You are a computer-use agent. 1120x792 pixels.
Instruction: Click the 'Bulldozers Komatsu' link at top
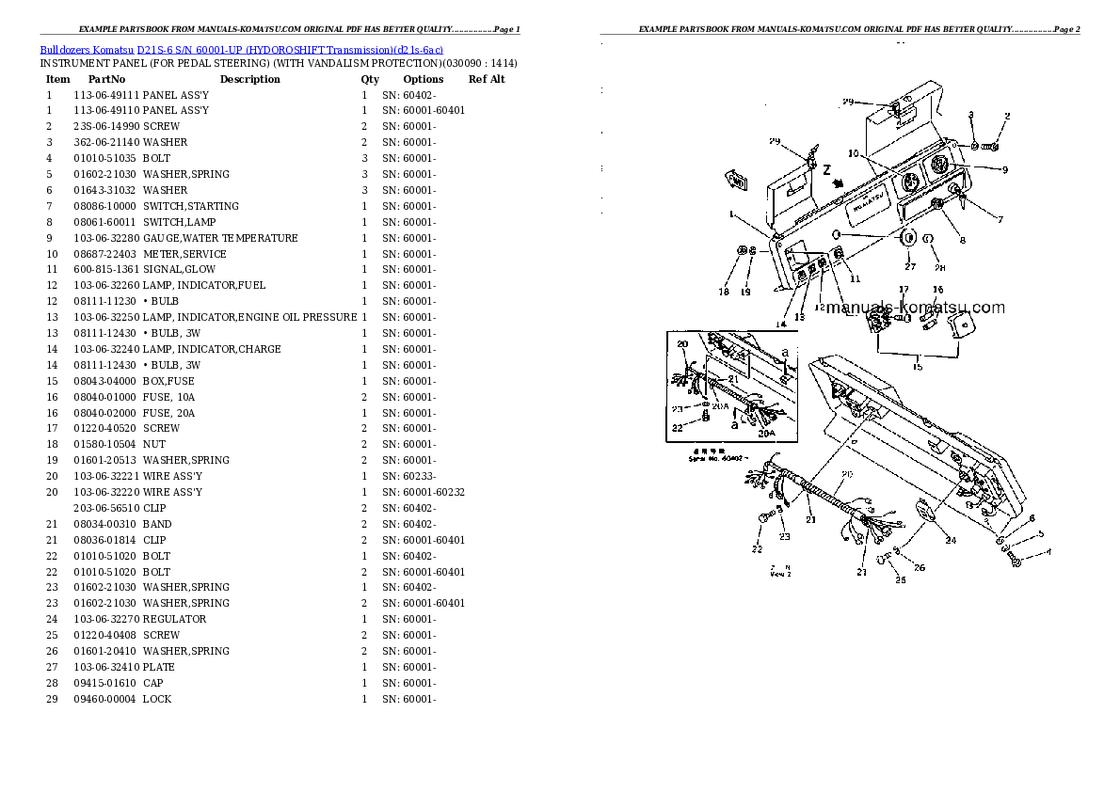pos(87,48)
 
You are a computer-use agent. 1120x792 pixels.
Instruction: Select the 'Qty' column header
pos(370,80)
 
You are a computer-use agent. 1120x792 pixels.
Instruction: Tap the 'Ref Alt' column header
pos(487,80)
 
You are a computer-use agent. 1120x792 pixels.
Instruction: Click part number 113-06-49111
pos(106,95)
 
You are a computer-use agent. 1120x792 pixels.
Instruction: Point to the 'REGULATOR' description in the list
pos(175,619)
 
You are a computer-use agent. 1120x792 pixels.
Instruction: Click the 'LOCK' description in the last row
pos(157,699)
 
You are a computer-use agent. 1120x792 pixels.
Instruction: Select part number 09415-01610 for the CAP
pos(105,683)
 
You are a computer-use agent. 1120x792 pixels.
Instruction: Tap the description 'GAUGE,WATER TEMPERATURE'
pos(220,238)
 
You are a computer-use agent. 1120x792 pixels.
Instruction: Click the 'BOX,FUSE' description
pos(169,381)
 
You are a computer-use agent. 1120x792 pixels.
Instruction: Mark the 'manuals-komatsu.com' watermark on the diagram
pos(915,308)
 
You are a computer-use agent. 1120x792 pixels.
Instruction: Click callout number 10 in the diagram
pos(852,153)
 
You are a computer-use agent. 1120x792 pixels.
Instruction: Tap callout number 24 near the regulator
pos(951,540)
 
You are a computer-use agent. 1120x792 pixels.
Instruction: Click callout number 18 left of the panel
pos(724,292)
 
